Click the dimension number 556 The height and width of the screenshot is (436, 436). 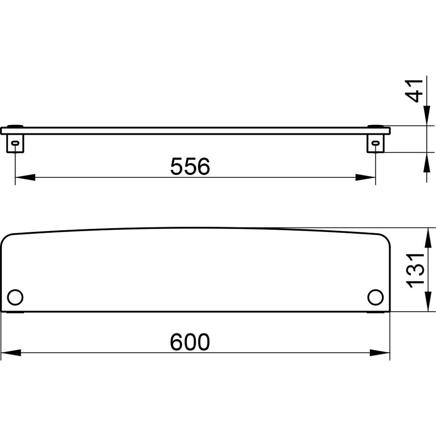[x=190, y=166]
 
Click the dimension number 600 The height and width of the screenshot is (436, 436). [x=190, y=342]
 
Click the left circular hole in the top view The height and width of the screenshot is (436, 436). [x=15, y=297]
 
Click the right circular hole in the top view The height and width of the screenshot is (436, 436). [x=375, y=297]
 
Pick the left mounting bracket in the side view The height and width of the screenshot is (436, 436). [x=15, y=143]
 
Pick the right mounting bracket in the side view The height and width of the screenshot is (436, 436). [x=375, y=143]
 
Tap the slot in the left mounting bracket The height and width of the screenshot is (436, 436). [x=15, y=143]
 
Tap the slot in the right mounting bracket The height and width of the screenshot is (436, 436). [x=375, y=143]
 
